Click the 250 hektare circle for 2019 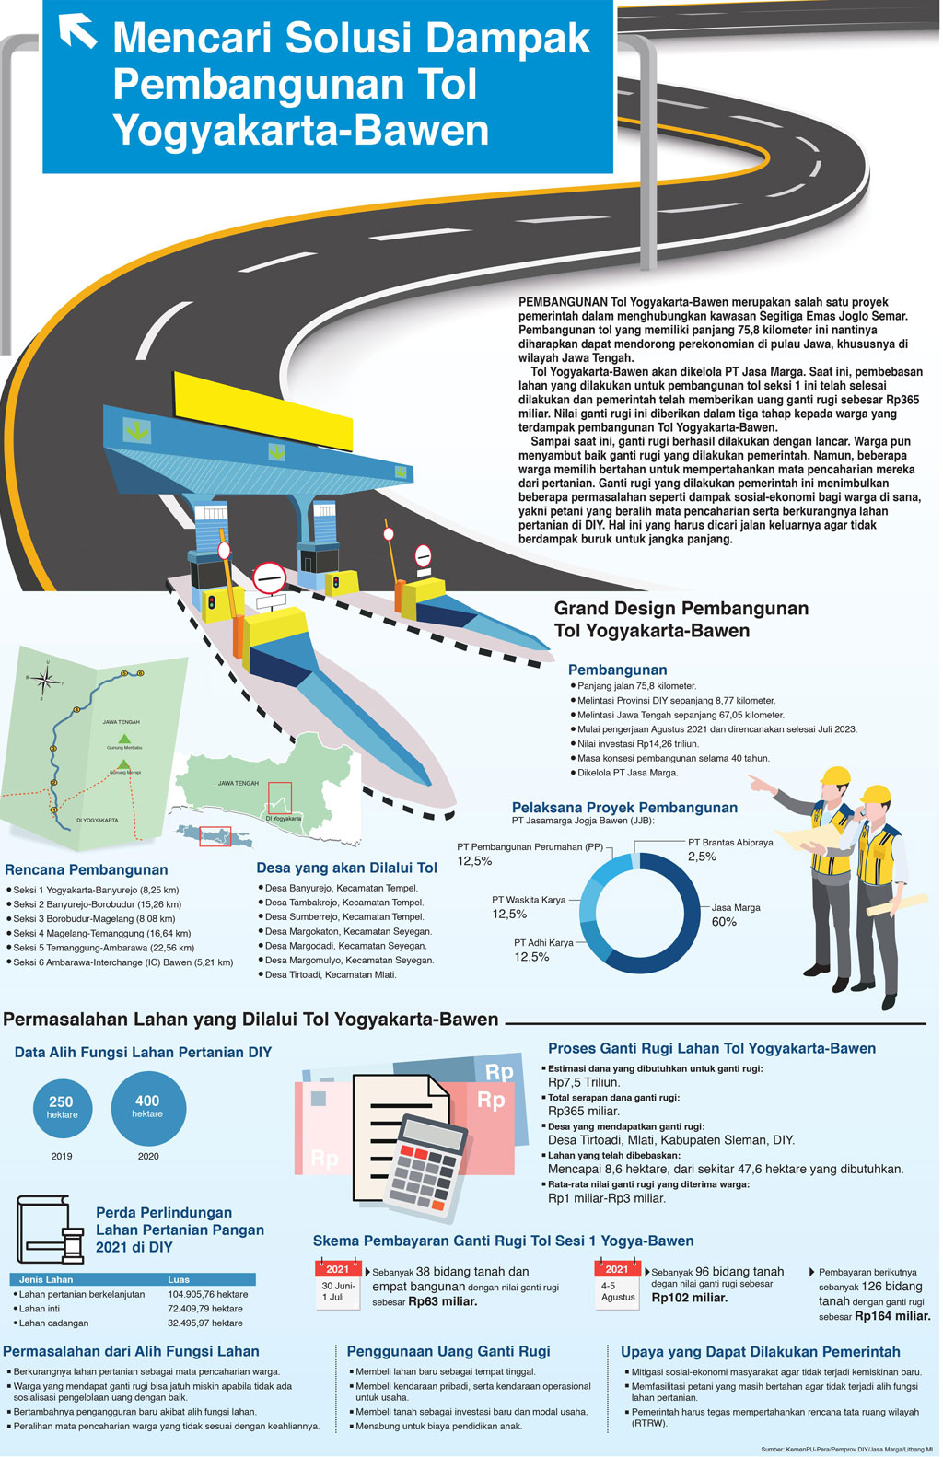(x=62, y=1106)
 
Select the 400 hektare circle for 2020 (x=147, y=1106)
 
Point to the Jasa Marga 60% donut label (x=736, y=915)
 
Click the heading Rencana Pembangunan (x=87, y=869)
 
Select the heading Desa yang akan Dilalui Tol (x=346, y=868)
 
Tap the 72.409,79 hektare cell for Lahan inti (x=205, y=1308)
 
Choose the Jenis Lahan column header (x=46, y=1279)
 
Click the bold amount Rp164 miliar (x=891, y=1316)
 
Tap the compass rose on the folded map (x=42, y=681)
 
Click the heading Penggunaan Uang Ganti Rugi (x=448, y=1351)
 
